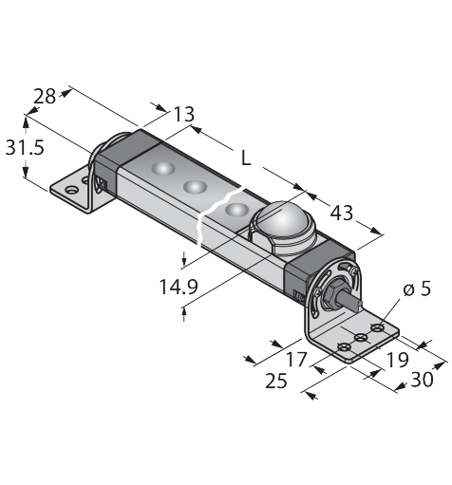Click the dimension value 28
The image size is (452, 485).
click(45, 96)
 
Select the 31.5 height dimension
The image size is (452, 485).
click(25, 147)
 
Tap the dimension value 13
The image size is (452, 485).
click(184, 114)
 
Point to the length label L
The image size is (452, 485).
click(246, 158)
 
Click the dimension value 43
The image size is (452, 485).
click(341, 213)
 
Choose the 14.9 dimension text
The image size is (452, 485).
click(179, 287)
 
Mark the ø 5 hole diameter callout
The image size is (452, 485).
click(417, 289)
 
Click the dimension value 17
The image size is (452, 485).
click(296, 360)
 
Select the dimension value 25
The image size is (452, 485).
click(276, 380)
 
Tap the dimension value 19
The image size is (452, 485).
click(398, 360)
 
